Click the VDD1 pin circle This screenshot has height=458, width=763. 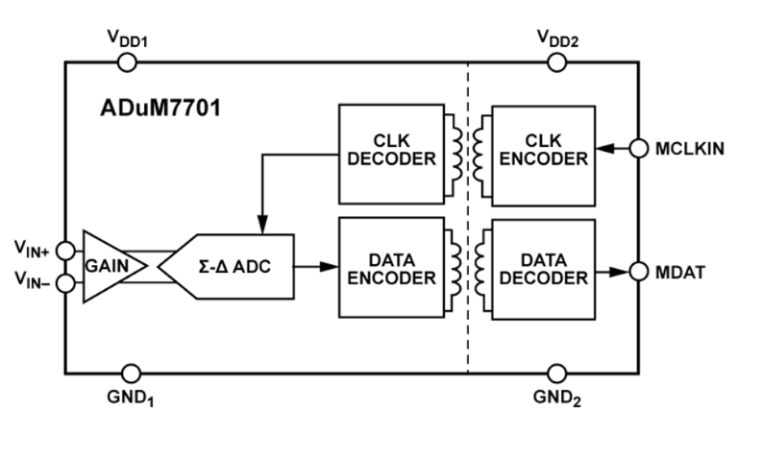[126, 62]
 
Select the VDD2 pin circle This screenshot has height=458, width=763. [555, 62]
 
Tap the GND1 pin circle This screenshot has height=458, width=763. [126, 373]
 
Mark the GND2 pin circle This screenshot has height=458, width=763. [555, 373]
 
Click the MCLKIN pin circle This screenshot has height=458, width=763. [639, 148]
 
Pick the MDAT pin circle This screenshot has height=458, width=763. [639, 272]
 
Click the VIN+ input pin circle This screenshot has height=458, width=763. [65, 250]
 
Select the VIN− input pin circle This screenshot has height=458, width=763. [65, 282]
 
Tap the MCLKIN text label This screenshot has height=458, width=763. [690, 149]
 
